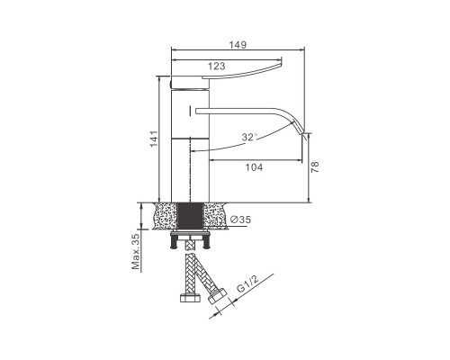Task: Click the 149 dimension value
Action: coord(238,45)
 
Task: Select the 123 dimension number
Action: coord(216,66)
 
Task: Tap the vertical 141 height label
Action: coord(154,139)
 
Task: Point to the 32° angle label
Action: coord(249,137)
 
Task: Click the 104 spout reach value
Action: coord(254,167)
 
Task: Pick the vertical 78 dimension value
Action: coord(315,167)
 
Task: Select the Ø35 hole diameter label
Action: coord(240,220)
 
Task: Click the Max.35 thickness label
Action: coord(136,252)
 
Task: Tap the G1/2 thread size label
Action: coord(247,283)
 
